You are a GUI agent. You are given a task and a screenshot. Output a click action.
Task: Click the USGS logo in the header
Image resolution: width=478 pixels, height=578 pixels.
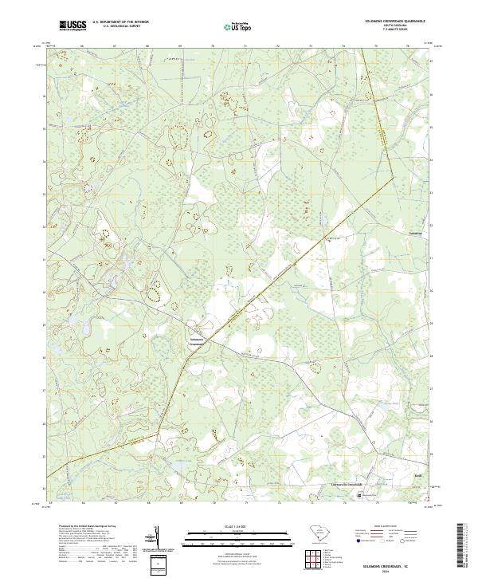point(73,26)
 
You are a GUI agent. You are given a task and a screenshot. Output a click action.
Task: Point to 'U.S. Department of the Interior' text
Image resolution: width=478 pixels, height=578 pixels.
point(120,22)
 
